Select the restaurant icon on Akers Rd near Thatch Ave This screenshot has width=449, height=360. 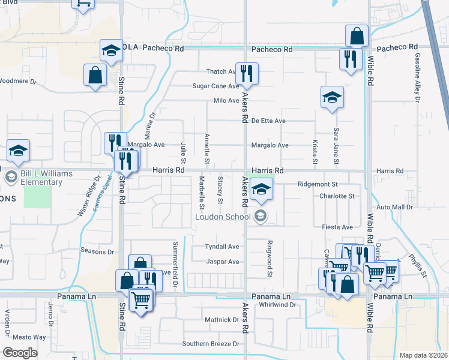click(247, 74)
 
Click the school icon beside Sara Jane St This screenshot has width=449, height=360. click(331, 97)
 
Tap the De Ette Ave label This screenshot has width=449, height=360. click(268, 121)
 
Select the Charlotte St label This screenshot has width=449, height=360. click(337, 196)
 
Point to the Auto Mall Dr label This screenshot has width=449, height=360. click(396, 207)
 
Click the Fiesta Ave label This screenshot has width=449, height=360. click(337, 227)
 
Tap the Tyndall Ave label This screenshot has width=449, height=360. click(222, 247)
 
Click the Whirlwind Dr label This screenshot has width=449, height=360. click(278, 305)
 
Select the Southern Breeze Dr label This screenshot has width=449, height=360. click(211, 344)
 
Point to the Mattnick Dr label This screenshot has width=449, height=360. click(221, 320)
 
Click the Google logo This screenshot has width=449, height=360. click(20, 353)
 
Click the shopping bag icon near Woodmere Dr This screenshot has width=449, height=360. click(95, 76)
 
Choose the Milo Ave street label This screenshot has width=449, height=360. click(226, 101)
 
